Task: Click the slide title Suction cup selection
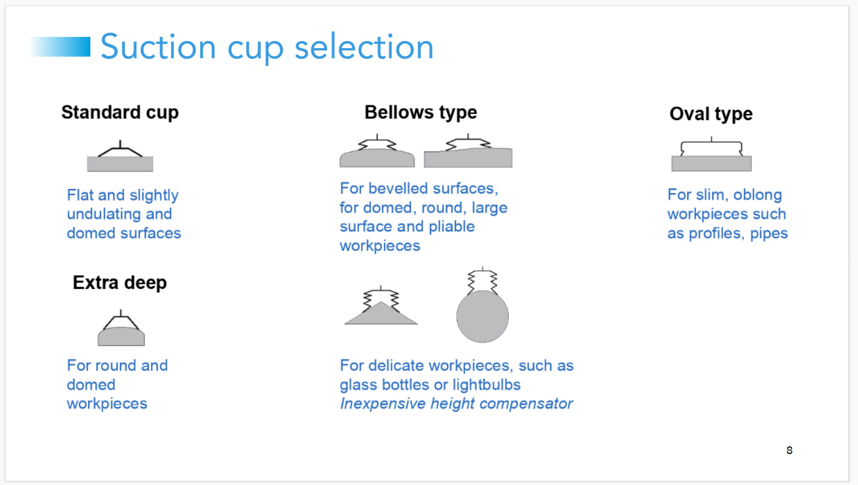click(x=267, y=47)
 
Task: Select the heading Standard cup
click(x=120, y=112)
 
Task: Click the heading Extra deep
click(x=120, y=282)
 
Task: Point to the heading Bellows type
click(x=420, y=112)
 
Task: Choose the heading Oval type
click(x=711, y=114)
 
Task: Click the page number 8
click(x=789, y=451)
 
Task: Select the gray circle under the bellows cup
click(x=482, y=316)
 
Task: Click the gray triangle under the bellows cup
click(x=381, y=315)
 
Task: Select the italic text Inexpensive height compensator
click(x=456, y=404)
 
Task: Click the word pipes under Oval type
click(x=769, y=234)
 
